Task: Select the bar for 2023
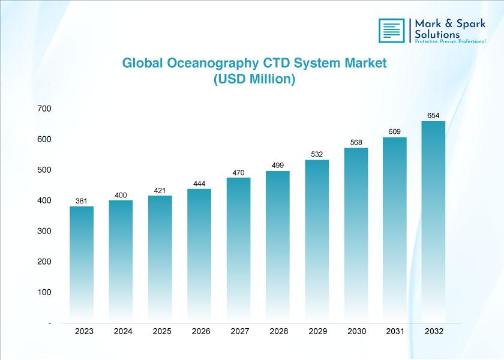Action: click(82, 264)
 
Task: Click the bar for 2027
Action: click(239, 250)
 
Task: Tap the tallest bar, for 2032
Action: click(433, 222)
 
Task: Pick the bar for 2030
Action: click(356, 235)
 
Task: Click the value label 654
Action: click(433, 115)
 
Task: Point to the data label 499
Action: click(278, 165)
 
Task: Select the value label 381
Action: click(82, 201)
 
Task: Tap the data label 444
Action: click(199, 184)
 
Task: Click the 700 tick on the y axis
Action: click(44, 109)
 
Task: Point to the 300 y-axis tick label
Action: click(44, 231)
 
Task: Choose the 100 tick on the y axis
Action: click(44, 292)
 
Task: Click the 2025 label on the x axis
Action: click(162, 331)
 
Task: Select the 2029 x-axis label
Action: click(318, 331)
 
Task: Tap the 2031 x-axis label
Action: click(395, 331)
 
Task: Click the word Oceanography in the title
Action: click(213, 64)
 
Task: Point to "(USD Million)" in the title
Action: click(254, 79)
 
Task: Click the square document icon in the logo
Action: click(391, 31)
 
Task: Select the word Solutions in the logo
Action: click(437, 34)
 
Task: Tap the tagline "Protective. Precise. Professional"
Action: click(450, 41)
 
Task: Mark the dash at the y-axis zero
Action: click(50, 323)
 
